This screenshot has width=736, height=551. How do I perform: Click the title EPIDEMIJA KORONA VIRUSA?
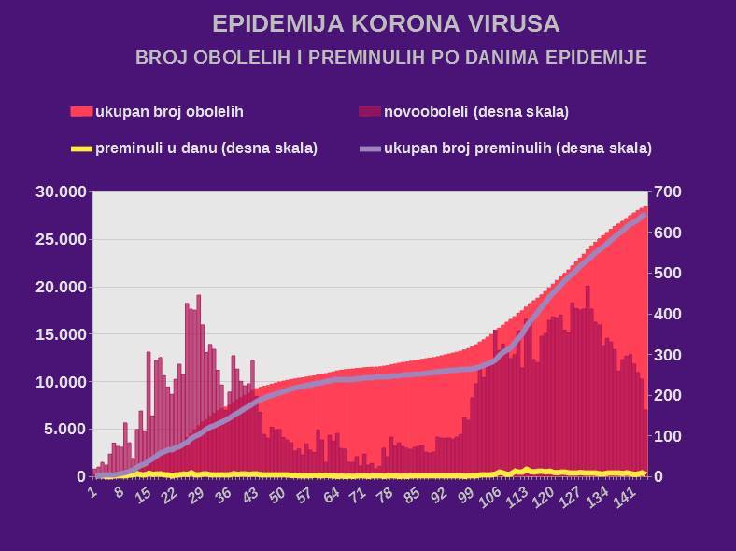pyautogui.click(x=386, y=23)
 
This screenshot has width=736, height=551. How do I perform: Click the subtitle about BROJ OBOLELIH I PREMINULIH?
pyautogui.click(x=391, y=58)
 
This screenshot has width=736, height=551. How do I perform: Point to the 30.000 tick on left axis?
pyautogui.click(x=62, y=191)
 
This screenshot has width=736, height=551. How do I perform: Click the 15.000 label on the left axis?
pyautogui.click(x=62, y=334)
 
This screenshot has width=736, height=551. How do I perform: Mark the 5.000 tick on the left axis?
pyautogui.click(x=65, y=430)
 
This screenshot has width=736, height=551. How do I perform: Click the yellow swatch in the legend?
pyautogui.click(x=82, y=148)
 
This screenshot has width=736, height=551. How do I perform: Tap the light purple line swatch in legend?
pyautogui.click(x=370, y=148)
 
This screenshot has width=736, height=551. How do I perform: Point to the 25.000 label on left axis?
pyautogui.click(x=62, y=239)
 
